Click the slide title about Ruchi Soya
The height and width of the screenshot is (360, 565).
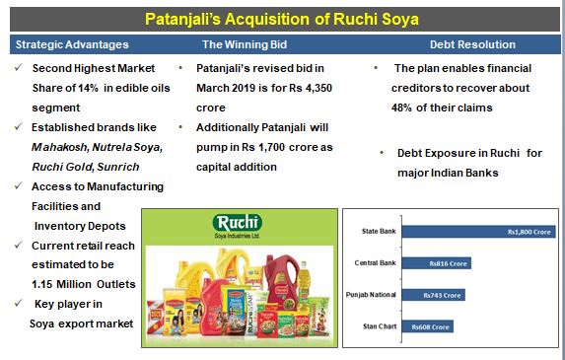(x=282, y=19)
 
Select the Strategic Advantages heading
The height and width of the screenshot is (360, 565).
(x=72, y=44)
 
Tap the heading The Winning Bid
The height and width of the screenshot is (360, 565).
(x=245, y=44)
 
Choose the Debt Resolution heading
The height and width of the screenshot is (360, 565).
(x=472, y=44)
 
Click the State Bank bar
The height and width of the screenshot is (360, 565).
(x=478, y=232)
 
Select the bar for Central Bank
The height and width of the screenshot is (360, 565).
(x=437, y=263)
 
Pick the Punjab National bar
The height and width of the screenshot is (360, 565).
(x=434, y=295)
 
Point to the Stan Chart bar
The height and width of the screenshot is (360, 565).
(x=427, y=326)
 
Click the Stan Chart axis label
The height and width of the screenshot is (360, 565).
(x=380, y=326)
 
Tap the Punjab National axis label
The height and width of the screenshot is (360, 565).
(x=371, y=295)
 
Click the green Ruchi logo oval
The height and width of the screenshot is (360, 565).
(x=238, y=223)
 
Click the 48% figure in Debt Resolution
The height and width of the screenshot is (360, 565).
(x=401, y=108)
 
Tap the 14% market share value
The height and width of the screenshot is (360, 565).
(x=88, y=88)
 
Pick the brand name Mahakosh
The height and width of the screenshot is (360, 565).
(x=59, y=147)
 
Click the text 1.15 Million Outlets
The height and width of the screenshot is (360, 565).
(x=84, y=284)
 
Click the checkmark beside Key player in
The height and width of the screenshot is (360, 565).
(x=19, y=303)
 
